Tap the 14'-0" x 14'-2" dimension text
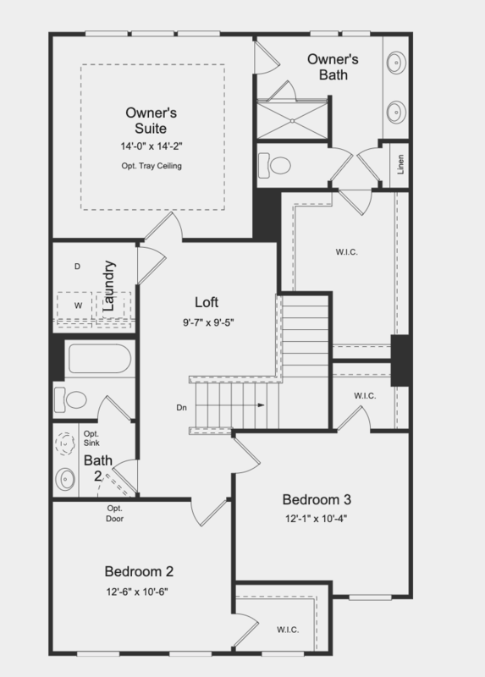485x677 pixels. tap(151, 146)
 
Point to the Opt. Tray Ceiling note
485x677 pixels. tap(151, 166)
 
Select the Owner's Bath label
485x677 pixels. tap(333, 67)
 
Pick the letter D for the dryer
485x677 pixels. tap(76, 267)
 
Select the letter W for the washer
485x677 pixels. tap(78, 304)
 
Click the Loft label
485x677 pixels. tap(208, 303)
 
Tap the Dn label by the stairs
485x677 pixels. tap(181, 407)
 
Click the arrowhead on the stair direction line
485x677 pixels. tap(262, 405)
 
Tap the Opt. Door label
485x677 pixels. tap(115, 513)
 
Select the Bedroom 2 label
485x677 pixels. tap(141, 570)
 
